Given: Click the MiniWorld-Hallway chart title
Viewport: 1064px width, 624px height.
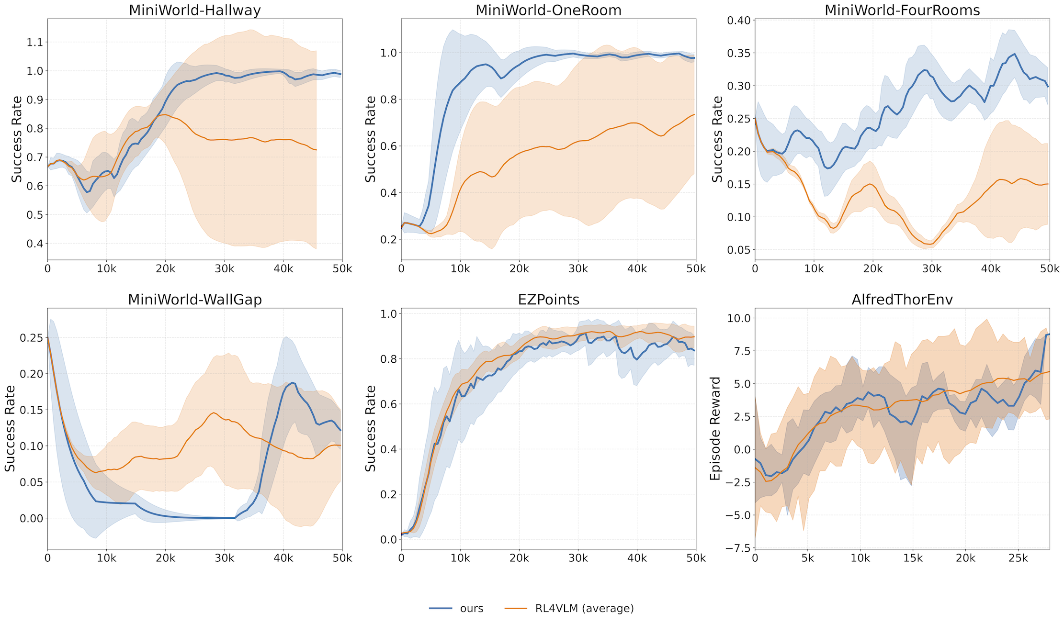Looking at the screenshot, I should (195, 10).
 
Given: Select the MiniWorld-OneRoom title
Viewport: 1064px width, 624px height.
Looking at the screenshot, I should (548, 10).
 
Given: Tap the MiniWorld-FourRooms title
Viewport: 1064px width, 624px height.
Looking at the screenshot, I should (902, 10).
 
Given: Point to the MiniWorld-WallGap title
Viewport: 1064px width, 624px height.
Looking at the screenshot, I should (195, 300).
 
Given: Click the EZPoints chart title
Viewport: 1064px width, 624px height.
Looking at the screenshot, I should (548, 300).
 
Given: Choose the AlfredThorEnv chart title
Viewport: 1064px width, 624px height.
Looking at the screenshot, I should (902, 300).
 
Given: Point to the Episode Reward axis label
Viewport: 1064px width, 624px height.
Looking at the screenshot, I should (715, 428).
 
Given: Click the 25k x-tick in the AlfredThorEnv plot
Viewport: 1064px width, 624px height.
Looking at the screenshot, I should (1018, 558).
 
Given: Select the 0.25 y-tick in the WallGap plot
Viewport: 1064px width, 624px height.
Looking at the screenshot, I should (31, 338).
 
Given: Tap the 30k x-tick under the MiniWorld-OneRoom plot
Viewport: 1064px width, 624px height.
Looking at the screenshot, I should (578, 269).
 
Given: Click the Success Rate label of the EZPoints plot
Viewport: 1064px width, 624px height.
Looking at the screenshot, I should (371, 428).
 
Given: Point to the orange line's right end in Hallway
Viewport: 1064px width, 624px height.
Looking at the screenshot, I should (316, 150).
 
